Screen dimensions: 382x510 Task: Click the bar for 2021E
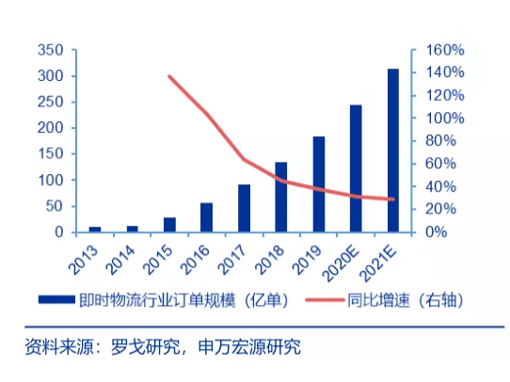click(393, 151)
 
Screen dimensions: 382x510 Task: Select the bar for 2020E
click(356, 168)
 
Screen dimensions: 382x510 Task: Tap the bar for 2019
click(319, 184)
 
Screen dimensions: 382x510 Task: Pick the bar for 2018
click(281, 197)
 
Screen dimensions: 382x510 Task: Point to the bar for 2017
click(244, 208)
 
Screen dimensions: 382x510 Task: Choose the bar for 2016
click(206, 217)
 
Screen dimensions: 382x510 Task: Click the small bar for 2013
click(95, 229)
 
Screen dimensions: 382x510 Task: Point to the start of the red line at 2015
click(168, 76)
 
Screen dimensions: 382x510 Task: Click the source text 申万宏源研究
click(248, 348)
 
